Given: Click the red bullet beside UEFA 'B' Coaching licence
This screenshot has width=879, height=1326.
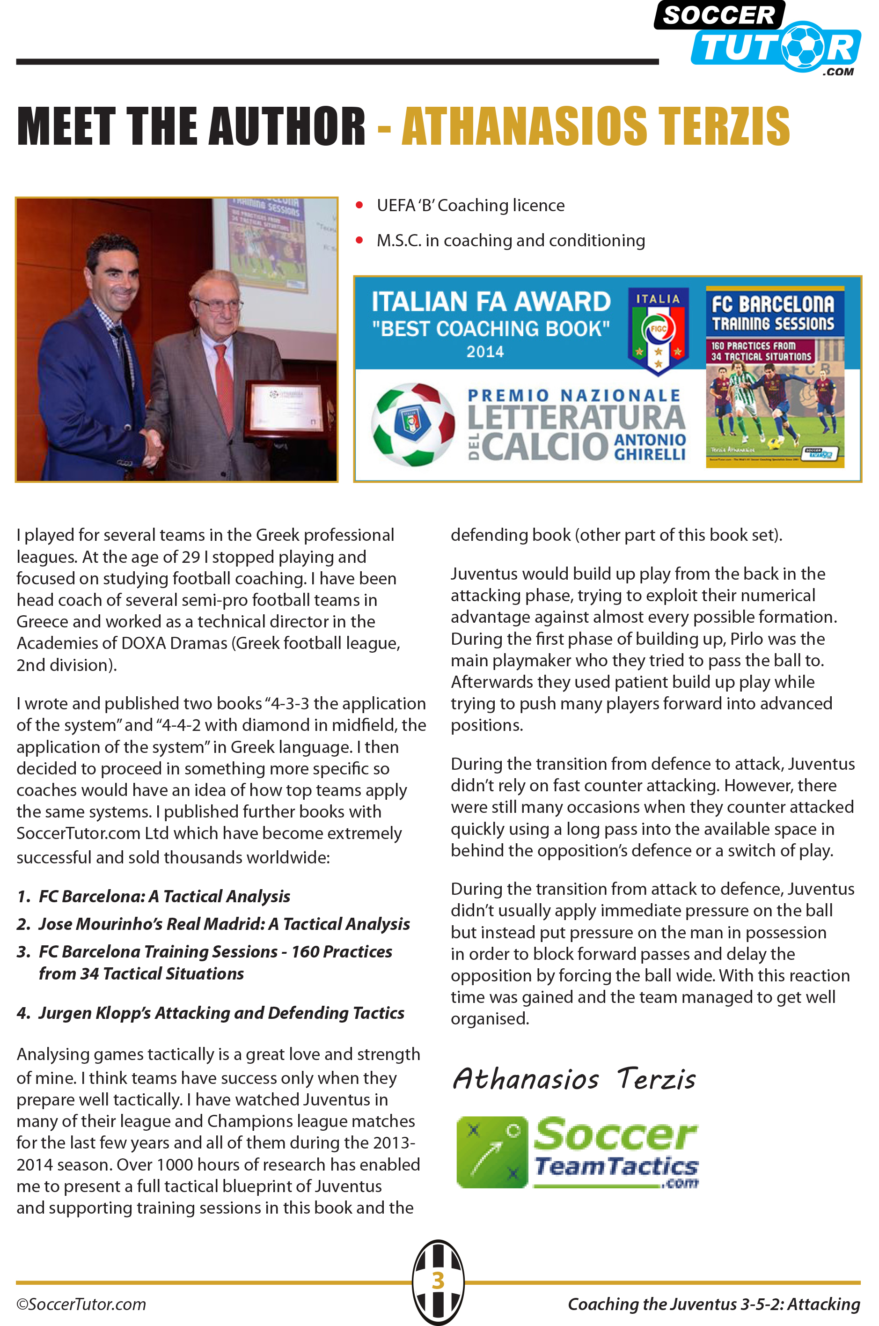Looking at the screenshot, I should click(359, 205).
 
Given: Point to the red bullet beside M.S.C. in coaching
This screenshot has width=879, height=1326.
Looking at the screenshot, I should click(359, 241).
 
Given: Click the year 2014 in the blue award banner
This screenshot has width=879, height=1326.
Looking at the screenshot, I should click(485, 352).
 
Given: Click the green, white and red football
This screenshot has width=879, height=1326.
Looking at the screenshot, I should click(413, 424).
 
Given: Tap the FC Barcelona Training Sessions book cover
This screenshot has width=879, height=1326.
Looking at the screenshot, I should click(775, 378).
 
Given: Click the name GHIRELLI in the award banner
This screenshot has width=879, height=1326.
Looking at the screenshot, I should click(650, 454).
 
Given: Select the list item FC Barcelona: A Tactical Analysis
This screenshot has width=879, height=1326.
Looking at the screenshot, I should click(164, 897).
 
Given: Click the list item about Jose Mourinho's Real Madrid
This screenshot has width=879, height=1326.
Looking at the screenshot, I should click(224, 924).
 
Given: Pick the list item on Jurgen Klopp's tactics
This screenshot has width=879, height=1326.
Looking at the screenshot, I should click(221, 1013).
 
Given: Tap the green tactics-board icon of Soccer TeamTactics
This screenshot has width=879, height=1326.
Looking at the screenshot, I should click(491, 1152).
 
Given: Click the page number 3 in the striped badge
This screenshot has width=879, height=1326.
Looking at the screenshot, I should click(439, 1281).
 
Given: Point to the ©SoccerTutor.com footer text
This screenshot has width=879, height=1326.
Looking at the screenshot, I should click(81, 1304).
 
